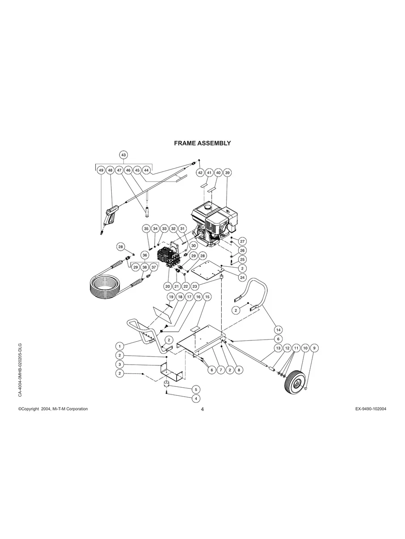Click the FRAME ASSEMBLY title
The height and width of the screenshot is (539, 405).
[202, 143]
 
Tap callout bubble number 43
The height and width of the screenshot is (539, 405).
[123, 155]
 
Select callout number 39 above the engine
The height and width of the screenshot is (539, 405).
[227, 172]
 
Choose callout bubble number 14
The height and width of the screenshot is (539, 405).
[278, 329]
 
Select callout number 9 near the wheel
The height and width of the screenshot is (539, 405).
[314, 348]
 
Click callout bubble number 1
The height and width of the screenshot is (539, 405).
[119, 345]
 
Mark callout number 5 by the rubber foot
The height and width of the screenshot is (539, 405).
[195, 389]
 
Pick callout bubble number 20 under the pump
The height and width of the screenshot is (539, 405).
[168, 286]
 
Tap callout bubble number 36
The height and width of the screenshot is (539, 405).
[144, 255]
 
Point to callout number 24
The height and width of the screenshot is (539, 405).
[242, 277]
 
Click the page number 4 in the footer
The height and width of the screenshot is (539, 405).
[202, 410]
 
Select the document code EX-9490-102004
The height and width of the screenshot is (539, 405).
[368, 409]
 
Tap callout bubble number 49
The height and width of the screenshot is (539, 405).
[101, 170]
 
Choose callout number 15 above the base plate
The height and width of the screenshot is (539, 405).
[207, 296]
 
